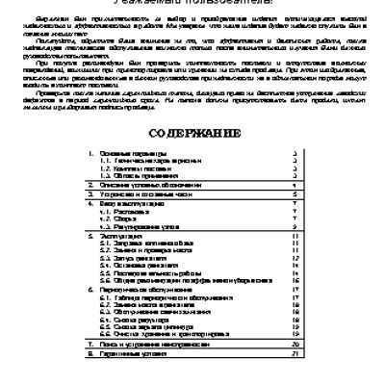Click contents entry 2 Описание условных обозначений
[x=143, y=211]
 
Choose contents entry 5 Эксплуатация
[x=120, y=260]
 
